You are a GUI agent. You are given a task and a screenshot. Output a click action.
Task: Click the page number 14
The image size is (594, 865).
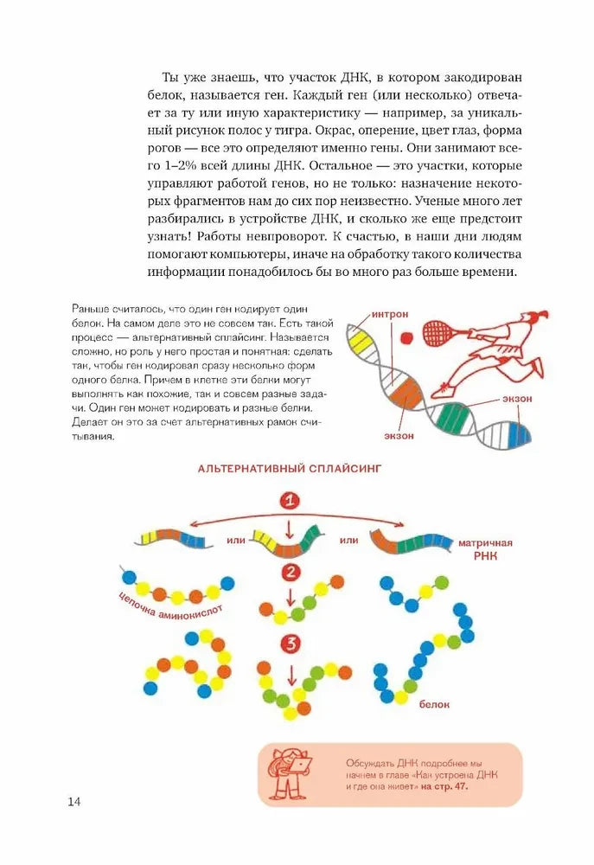(x=74, y=802)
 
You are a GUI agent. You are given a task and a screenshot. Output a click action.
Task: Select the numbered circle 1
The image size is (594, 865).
(x=291, y=501)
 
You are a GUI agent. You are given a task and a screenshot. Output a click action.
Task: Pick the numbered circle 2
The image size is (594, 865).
(x=291, y=572)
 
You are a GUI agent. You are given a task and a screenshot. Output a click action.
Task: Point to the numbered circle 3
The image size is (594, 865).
(x=291, y=644)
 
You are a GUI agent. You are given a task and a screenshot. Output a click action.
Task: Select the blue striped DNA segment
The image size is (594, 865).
(x=518, y=431)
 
